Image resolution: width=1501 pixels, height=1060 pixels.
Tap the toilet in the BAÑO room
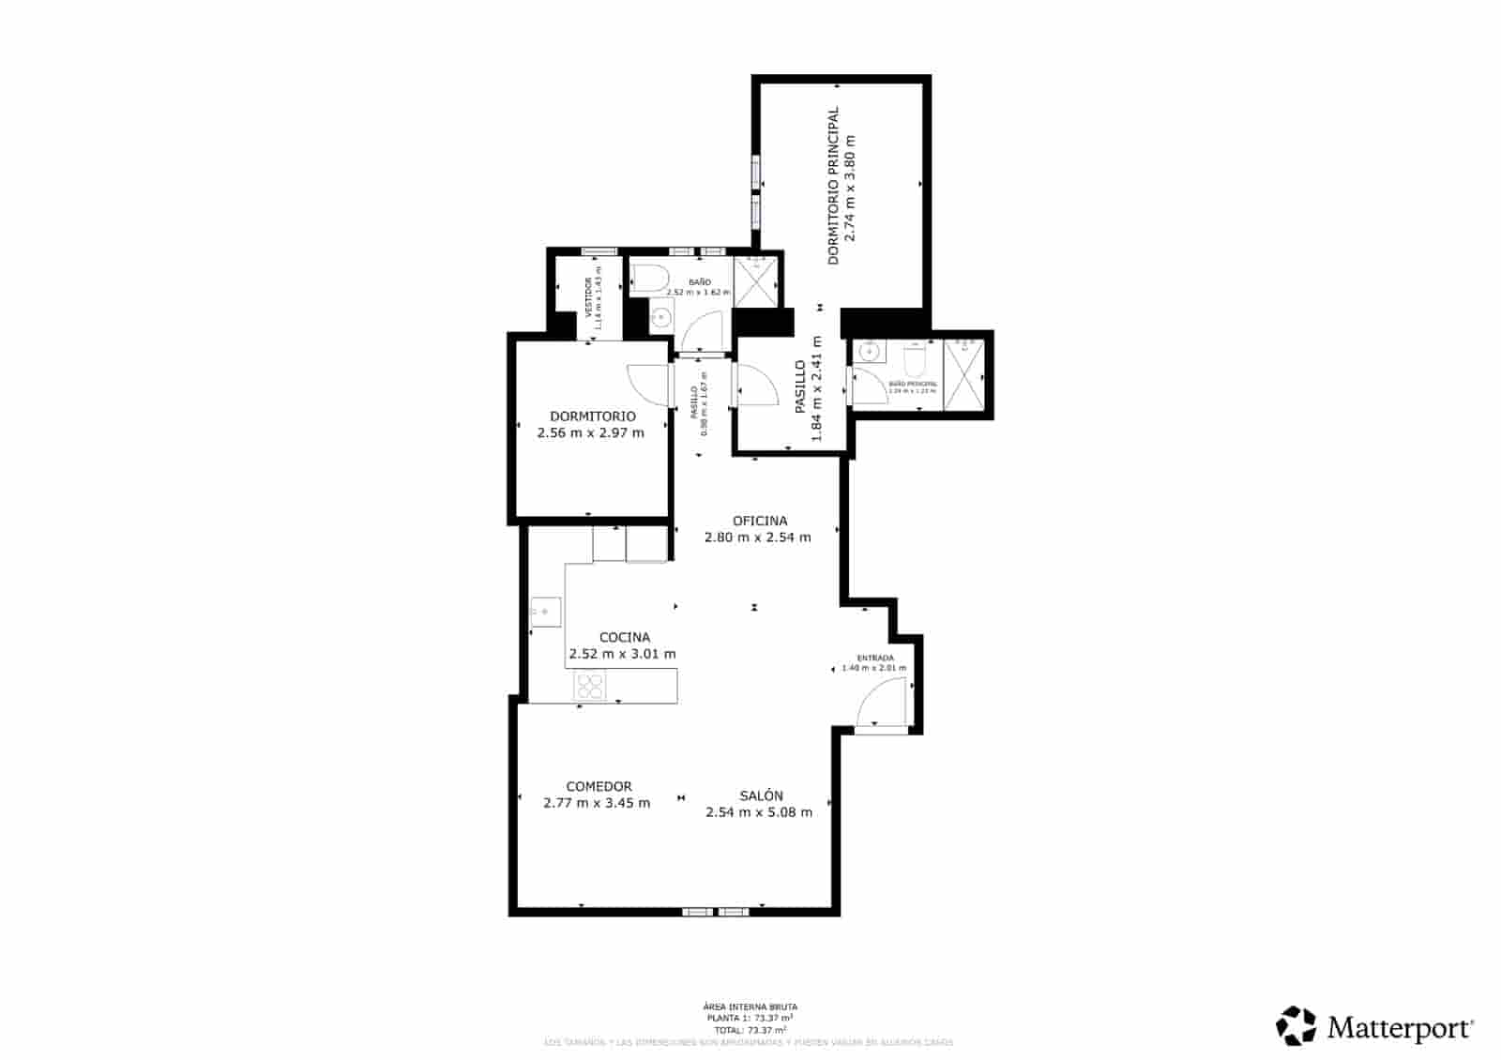click(648, 279)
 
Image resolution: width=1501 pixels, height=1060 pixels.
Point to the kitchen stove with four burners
click(590, 686)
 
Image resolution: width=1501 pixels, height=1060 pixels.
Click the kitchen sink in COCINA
click(545, 612)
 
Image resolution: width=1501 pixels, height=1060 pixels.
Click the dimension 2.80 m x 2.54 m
click(757, 538)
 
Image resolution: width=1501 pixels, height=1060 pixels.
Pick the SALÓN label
click(761, 795)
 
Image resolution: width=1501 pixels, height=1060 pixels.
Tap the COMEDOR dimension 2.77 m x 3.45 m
click(597, 803)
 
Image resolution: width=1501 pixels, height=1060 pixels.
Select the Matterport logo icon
click(1296, 1026)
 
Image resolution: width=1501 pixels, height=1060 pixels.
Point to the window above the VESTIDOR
click(599, 251)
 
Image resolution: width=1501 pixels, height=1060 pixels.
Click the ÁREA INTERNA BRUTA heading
click(750, 1007)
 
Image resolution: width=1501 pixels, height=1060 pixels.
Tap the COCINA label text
click(624, 637)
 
